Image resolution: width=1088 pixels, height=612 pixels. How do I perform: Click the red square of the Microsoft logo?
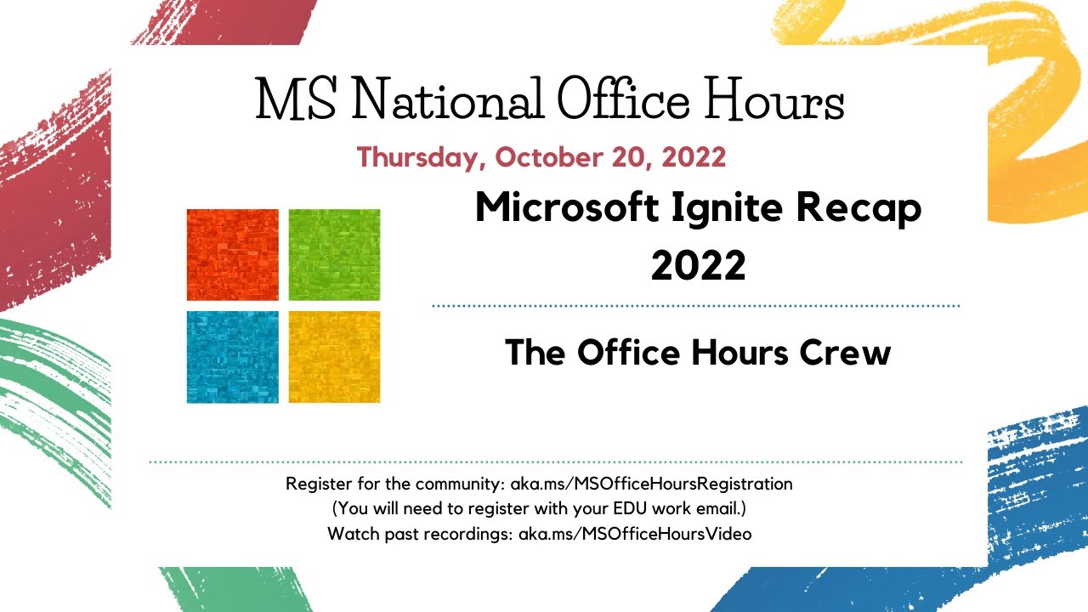pyautogui.click(x=232, y=254)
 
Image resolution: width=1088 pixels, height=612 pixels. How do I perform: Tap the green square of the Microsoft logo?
pyautogui.click(x=334, y=254)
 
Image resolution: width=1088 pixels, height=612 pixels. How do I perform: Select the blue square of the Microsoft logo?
pyautogui.click(x=232, y=356)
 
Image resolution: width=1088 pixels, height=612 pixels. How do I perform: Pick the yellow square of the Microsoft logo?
pyautogui.click(x=334, y=356)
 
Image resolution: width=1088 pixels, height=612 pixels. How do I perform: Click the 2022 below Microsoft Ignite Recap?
pyautogui.click(x=698, y=265)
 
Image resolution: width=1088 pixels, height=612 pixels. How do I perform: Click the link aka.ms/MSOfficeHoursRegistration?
pyautogui.click(x=651, y=484)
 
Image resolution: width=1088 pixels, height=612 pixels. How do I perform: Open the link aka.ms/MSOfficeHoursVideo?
pyautogui.click(x=635, y=535)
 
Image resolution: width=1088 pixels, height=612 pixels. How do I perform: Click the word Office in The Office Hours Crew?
pyautogui.click(x=624, y=352)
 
